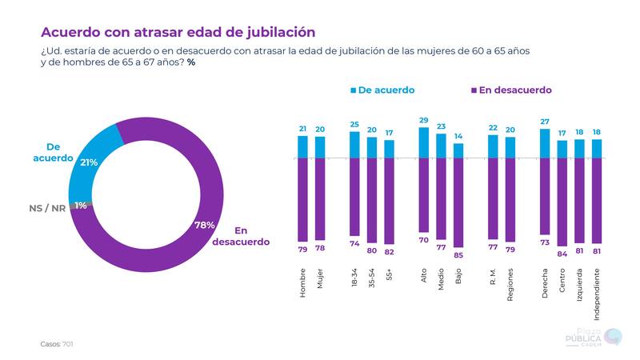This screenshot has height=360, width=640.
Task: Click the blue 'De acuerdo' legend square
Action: coord(353,90)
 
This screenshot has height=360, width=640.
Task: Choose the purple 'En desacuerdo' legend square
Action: coord(474,90)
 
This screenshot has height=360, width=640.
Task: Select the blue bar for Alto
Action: coord(424,142)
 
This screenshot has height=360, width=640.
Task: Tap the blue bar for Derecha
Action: coord(545,143)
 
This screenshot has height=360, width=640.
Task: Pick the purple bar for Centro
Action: coord(562,202)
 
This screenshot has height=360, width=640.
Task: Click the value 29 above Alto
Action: coord(424,120)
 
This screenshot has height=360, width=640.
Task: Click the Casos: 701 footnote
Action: coord(58,344)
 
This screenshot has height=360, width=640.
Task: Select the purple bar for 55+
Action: coord(390,201)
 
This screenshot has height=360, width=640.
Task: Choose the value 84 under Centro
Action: coord(562,254)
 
